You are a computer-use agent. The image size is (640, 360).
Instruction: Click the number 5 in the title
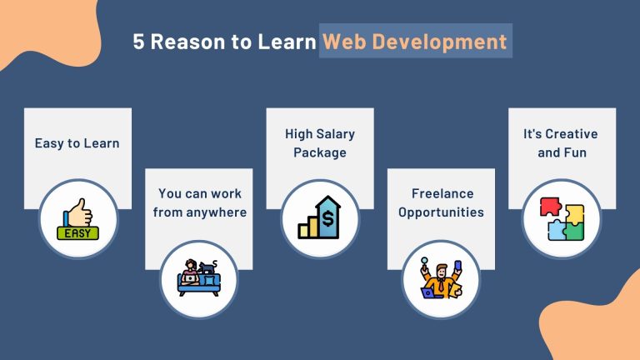click(138, 42)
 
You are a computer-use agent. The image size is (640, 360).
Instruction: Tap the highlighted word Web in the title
click(344, 42)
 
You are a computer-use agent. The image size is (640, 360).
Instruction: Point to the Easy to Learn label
click(77, 143)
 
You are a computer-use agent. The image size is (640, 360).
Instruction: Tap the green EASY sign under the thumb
click(77, 233)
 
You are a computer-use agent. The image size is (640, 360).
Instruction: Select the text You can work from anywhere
click(200, 202)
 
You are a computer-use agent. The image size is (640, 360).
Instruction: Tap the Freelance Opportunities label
click(441, 202)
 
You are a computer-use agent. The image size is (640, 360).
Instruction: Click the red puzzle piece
click(550, 206)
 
